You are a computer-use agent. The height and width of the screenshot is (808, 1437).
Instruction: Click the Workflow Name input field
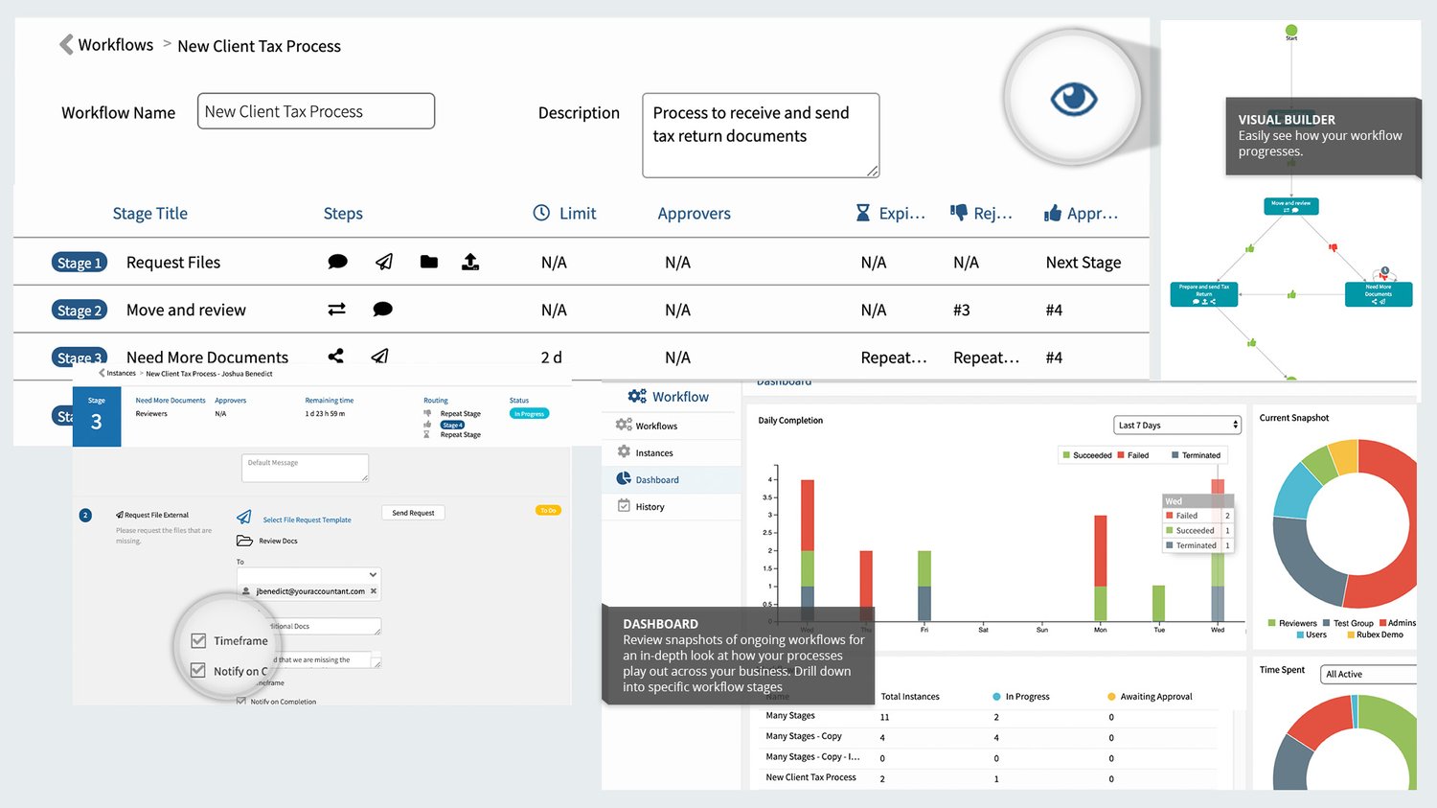click(315, 111)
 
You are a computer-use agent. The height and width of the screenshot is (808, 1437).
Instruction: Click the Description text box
click(760, 135)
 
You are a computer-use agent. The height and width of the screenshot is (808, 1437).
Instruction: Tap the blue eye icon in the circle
click(1073, 99)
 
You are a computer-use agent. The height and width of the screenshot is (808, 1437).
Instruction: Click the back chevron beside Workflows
click(66, 45)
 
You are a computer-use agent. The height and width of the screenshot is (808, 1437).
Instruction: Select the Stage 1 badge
click(79, 263)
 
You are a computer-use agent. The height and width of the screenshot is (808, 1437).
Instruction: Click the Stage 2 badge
click(79, 311)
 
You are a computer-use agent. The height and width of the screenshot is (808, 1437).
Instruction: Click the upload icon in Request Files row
click(470, 262)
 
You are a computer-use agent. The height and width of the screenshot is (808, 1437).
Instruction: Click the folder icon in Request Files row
click(428, 262)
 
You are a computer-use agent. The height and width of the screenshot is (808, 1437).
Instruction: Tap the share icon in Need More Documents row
click(335, 357)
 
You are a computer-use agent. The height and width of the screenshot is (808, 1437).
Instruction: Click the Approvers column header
click(694, 214)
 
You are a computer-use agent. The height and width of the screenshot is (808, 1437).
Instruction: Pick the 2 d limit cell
click(551, 358)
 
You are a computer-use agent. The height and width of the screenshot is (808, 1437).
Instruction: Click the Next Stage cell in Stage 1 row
click(1083, 263)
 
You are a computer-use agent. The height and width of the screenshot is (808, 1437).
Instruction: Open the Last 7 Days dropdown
click(1177, 425)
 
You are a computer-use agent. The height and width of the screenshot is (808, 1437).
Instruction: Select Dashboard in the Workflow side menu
click(657, 480)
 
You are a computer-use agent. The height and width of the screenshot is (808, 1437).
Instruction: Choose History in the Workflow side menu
click(650, 507)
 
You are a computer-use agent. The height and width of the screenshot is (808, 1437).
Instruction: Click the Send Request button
click(413, 513)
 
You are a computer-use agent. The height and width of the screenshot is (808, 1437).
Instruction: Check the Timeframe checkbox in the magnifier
click(199, 641)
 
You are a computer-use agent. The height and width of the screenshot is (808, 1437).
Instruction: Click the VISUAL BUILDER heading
click(1286, 120)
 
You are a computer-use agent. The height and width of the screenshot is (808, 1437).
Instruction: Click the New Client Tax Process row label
click(810, 777)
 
